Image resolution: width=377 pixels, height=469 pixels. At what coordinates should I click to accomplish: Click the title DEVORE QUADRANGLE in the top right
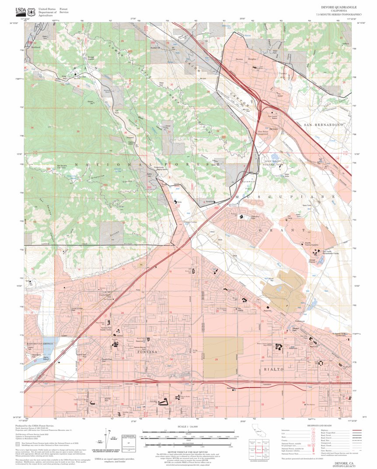(339, 7)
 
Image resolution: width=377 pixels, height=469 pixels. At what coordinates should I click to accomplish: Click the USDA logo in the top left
(21, 11)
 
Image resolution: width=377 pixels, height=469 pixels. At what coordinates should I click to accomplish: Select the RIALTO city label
(274, 370)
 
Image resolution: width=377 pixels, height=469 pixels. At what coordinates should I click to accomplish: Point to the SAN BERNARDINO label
(323, 125)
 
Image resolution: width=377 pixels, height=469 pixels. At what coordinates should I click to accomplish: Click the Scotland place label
(35, 46)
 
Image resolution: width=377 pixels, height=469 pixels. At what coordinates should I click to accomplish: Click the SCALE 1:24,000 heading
(188, 426)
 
